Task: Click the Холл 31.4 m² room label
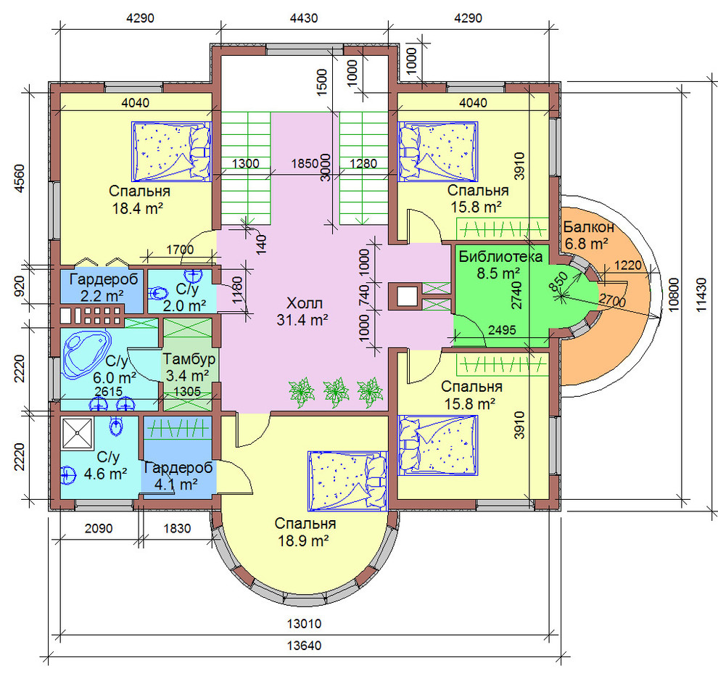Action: coord(302,311)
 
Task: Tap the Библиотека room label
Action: coord(500,256)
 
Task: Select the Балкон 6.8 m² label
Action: coord(588,235)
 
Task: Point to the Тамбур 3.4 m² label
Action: coord(189,368)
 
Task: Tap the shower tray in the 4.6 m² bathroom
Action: coord(78,433)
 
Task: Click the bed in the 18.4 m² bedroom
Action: coord(171,151)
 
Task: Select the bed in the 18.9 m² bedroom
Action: coord(347,481)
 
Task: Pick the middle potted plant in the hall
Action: coord(336,392)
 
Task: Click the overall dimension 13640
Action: coord(304,646)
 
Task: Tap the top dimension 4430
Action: coord(304,18)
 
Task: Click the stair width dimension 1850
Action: coord(305,163)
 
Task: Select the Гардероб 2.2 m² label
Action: coord(104,287)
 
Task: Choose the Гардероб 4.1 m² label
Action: coord(178,476)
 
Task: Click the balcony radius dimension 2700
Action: coord(612,301)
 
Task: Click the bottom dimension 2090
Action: coord(99,528)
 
